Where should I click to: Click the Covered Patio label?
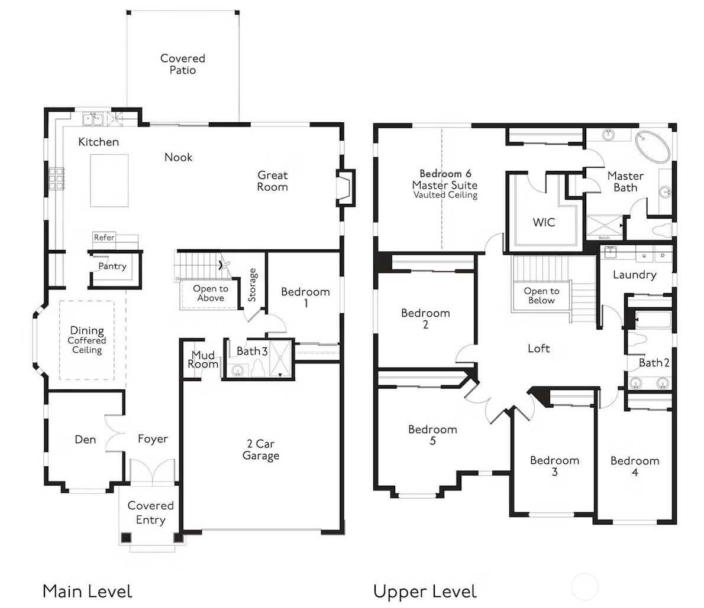(x=183, y=64)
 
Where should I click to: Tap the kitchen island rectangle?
(x=109, y=180)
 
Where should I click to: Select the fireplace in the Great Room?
(x=345, y=188)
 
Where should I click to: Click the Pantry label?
(x=112, y=266)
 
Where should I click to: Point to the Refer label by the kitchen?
(x=104, y=238)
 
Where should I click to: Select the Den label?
(x=85, y=440)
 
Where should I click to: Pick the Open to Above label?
(x=210, y=294)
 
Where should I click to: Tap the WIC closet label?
(x=544, y=222)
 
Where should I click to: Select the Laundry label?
(x=634, y=275)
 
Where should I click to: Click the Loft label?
(x=538, y=349)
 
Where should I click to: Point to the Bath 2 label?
(x=654, y=363)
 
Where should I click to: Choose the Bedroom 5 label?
(x=432, y=435)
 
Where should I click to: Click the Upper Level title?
(x=424, y=591)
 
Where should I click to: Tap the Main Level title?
(x=87, y=591)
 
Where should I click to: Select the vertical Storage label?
(x=253, y=285)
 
